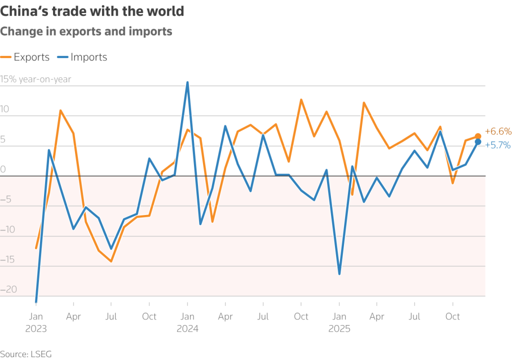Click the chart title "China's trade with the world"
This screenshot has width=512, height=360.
(92, 11)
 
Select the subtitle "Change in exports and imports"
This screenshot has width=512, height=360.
(86, 31)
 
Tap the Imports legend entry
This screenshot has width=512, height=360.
(82, 57)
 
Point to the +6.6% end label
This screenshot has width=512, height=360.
(498, 132)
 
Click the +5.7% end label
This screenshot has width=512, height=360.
(498, 145)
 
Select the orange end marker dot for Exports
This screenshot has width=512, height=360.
(478, 136)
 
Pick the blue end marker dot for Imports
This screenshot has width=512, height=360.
(478, 142)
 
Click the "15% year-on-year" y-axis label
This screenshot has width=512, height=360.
(35, 79)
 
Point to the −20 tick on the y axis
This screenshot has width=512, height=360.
(8, 289)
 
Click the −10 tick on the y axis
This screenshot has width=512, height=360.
(8, 230)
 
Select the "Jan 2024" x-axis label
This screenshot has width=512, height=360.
(187, 322)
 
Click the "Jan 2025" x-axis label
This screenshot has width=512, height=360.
(339, 322)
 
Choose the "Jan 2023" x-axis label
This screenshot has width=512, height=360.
(36, 322)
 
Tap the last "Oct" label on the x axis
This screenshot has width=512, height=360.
(452, 316)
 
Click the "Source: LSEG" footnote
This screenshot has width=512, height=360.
(26, 354)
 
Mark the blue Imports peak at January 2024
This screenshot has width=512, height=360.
(187, 82)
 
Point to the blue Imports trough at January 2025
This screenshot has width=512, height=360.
(339, 273)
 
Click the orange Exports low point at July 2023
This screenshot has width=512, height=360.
(111, 261)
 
